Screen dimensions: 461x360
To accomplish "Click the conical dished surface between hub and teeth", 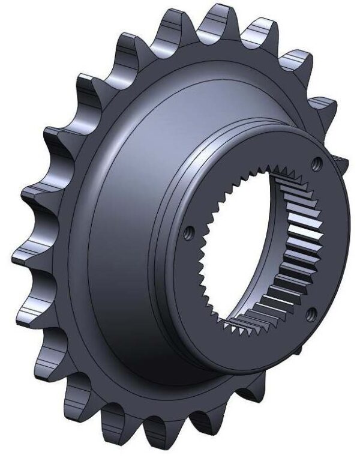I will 120,240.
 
